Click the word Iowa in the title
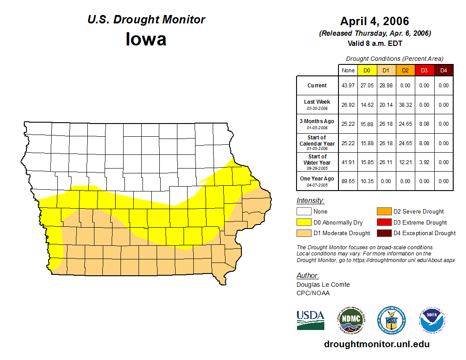pos(146,39)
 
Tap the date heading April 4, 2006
pos(375,21)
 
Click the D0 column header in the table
pos(367,70)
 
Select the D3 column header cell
pos(424,70)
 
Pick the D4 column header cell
pos(443,70)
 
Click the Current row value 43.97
pos(348,86)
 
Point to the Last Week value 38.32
pos(405,105)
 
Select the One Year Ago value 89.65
pos(348,181)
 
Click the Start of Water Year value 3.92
pos(424,162)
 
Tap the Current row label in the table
pos(317,86)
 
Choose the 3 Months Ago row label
pos(317,124)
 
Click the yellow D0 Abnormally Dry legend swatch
pos(304,222)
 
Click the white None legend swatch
pos(304,212)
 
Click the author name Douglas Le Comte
pos(323,285)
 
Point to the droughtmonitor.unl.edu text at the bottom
pos(376,344)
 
